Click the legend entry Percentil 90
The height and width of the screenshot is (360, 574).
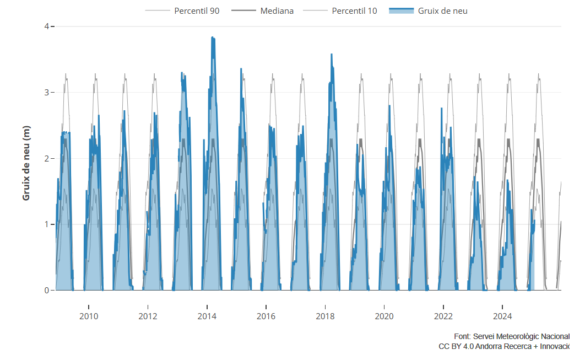[x=197, y=10]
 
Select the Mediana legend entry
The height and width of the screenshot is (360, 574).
[x=277, y=10]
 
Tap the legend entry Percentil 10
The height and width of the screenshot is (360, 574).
[x=354, y=10]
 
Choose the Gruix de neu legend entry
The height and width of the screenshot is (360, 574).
[x=442, y=10]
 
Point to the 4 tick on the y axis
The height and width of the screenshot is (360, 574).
[x=47, y=26]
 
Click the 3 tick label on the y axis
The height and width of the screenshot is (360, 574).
[x=47, y=93]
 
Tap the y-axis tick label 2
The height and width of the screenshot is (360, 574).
[x=47, y=159]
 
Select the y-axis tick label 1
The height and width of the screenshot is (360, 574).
[x=47, y=224]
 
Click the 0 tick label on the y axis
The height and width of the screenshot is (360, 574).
[x=47, y=291]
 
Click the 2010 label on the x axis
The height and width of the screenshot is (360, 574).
[x=89, y=316]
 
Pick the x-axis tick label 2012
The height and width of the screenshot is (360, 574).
[x=148, y=316]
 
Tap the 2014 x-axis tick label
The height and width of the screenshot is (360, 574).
[x=207, y=316]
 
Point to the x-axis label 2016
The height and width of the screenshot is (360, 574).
[x=266, y=316]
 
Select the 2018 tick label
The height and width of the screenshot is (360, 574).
[x=325, y=316]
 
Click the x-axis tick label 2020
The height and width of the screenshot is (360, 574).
[x=384, y=316]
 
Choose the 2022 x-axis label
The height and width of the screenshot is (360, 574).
[x=443, y=316]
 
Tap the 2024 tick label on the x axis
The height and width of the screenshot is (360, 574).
[x=502, y=316]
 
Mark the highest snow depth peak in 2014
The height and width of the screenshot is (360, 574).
[x=213, y=37]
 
